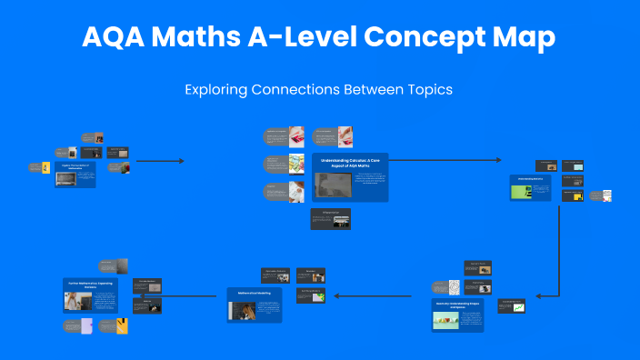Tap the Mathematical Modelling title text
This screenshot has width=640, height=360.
255,294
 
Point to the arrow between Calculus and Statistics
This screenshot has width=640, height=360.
445,160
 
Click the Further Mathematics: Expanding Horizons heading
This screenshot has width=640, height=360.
91,285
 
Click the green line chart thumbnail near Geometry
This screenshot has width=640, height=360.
518,307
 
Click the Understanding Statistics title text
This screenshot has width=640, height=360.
531,178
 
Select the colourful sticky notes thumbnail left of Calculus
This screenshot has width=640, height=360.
295,164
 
